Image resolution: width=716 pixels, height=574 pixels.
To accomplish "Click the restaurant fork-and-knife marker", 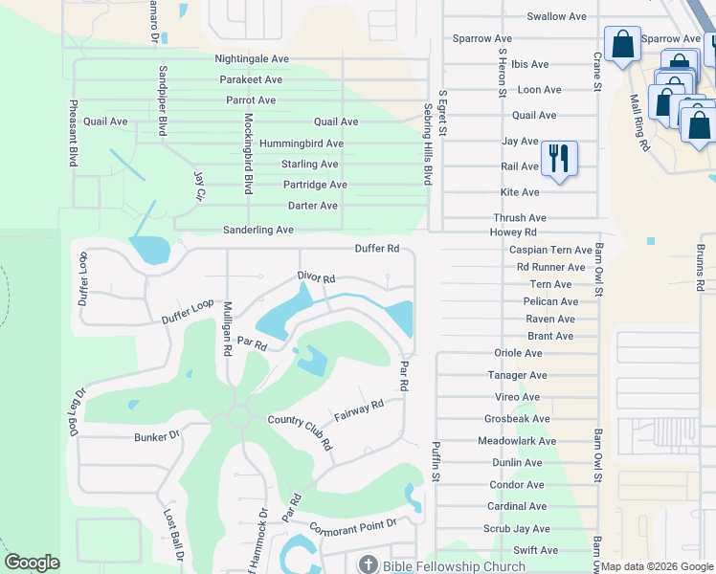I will coord(559,158).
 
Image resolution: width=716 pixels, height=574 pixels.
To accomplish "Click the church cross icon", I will coord(368,564).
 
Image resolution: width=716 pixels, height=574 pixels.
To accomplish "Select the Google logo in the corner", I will coord(32,563).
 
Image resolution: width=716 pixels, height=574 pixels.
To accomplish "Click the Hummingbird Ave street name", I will coord(302,143).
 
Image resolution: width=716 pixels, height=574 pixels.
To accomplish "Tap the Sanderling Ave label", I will coord(257,231).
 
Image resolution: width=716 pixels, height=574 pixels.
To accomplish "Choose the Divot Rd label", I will coord(315,278).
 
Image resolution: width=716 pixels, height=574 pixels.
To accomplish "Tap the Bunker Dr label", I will coord(156,436).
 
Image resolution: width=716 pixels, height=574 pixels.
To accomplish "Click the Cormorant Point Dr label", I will coord(352,524).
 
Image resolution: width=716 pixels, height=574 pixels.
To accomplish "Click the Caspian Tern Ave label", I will coord(550,250).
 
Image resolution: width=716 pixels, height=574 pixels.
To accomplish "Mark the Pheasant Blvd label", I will coord(73,134).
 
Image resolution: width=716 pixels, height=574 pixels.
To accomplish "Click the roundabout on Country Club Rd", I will coord(238,417).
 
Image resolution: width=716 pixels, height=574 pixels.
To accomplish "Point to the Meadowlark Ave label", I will coord(516,441).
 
